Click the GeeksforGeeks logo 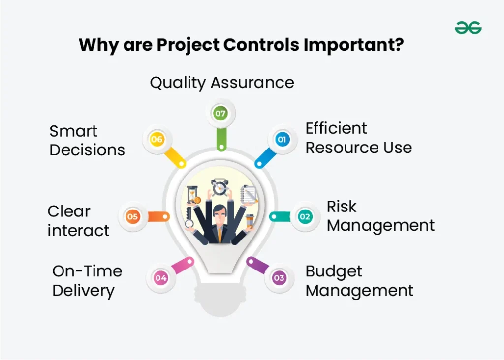tap(468, 28)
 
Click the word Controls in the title tap(261, 44)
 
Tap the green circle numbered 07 tap(220, 113)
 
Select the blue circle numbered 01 tap(282, 139)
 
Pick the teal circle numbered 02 tap(305, 216)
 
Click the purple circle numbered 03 tap(279, 277)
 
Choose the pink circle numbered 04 tap(161, 277)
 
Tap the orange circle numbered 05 tap(132, 216)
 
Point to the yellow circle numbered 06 tap(157, 139)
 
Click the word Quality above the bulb tap(178, 83)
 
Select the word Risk tap(342, 206)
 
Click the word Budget tap(334, 272)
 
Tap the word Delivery tap(84, 291)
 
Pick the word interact tap(78, 231)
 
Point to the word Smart tap(73, 131)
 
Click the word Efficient tap(336, 128)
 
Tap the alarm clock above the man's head tap(220, 187)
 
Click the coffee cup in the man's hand tap(250, 221)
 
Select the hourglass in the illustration tap(192, 195)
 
